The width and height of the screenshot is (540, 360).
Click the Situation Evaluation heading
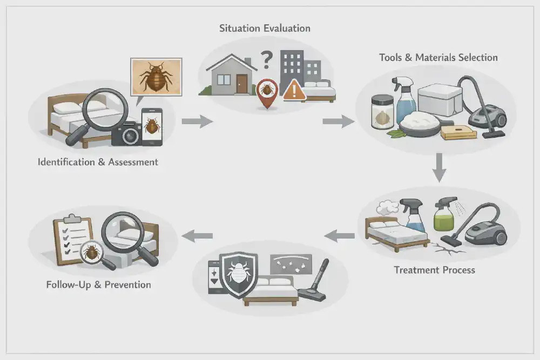(x=265, y=29)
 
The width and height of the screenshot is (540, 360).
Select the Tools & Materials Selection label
(x=438, y=57)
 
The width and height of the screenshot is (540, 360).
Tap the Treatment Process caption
(x=434, y=269)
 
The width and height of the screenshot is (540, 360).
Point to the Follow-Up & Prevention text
(x=98, y=284)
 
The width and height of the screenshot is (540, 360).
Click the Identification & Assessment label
(x=98, y=161)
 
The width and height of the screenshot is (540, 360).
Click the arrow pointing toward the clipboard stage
(x=198, y=235)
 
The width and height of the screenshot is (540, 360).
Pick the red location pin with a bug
(x=267, y=90)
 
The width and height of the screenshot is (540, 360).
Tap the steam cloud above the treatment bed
(x=387, y=208)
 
